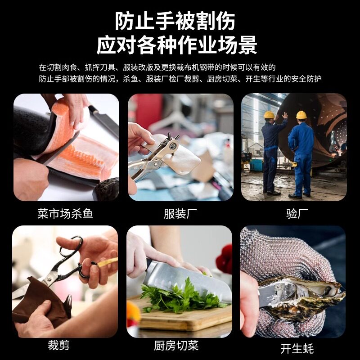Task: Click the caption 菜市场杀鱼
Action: (x=65, y=213)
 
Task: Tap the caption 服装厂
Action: (x=180, y=213)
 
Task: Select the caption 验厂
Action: (x=297, y=213)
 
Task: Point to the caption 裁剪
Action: (x=58, y=345)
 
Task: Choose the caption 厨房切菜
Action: (x=176, y=346)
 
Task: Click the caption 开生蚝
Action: (x=297, y=348)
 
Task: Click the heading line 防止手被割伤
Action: (x=175, y=21)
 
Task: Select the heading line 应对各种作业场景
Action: (x=176, y=45)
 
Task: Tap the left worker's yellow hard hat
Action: (x=269, y=115)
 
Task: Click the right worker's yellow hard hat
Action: (x=301, y=115)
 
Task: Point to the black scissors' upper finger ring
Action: (x=73, y=246)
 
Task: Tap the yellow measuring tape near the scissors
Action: (x=108, y=262)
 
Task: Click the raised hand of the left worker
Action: (x=285, y=115)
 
